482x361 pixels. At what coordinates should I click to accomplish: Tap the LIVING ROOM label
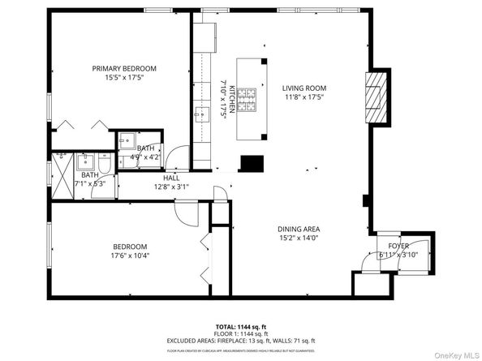click(304, 88)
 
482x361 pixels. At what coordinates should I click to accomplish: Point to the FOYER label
click(398, 245)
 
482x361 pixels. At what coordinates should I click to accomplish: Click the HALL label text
click(171, 178)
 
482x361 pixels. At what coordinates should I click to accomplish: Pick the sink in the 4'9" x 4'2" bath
click(125, 143)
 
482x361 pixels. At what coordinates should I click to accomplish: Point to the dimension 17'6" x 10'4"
click(129, 256)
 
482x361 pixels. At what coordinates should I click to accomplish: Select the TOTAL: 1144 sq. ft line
click(240, 324)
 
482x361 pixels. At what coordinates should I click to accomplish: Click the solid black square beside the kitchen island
click(252, 164)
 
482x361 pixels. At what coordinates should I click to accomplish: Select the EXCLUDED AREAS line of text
click(240, 341)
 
